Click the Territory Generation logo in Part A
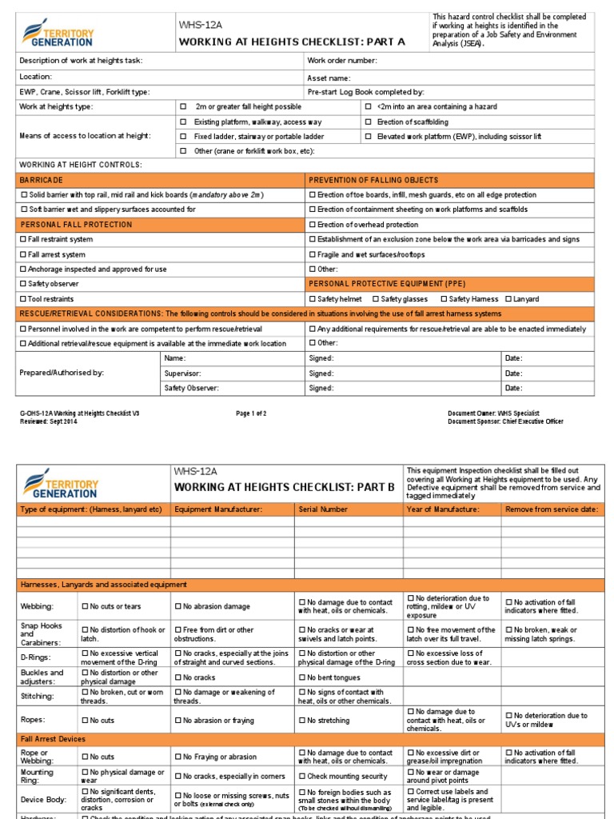pyautogui.click(x=60, y=33)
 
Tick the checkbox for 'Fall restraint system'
pyautogui.click(x=22, y=239)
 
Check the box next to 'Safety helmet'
pyautogui.click(x=313, y=299)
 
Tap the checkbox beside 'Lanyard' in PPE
pyautogui.click(x=508, y=299)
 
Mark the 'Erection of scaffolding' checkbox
pyautogui.click(x=369, y=122)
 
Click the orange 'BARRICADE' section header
pyautogui.click(x=42, y=180)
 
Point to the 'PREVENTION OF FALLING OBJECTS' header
pyautogui.click(x=373, y=180)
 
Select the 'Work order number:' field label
pyautogui.click(x=342, y=61)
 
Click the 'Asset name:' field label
pyautogui.click(x=329, y=78)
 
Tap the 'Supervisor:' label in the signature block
pyautogui.click(x=182, y=374)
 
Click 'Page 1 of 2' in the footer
pyautogui.click(x=251, y=413)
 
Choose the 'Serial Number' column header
pyautogui.click(x=323, y=509)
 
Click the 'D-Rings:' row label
pyautogui.click(x=36, y=657)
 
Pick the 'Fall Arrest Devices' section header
pyautogui.click(x=53, y=739)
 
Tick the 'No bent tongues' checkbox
pyautogui.click(x=302, y=677)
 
